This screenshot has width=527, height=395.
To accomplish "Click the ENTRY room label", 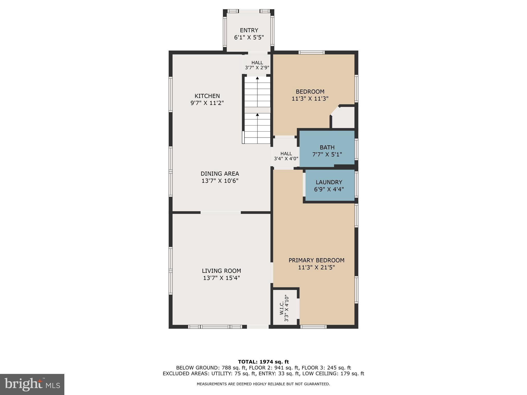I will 249,30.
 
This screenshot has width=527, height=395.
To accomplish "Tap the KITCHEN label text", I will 207,96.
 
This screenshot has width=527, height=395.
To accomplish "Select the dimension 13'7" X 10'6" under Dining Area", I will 220,181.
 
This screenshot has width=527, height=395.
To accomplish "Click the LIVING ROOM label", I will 221,271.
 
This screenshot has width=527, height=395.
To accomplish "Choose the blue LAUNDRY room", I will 329,186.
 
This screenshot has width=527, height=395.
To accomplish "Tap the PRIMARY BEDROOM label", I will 316,260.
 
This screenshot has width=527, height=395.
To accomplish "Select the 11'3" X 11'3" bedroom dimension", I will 310,98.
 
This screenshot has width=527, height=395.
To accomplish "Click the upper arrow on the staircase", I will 257,78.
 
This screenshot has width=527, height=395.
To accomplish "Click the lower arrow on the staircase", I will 257,115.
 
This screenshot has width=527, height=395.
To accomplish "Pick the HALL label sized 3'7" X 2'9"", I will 257,63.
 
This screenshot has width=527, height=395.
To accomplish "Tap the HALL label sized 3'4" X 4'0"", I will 286,154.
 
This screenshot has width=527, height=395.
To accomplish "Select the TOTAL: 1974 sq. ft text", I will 263,362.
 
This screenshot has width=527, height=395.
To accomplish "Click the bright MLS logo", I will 32,384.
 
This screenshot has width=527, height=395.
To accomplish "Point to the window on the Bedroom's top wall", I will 311,53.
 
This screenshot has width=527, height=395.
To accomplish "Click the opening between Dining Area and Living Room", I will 221,212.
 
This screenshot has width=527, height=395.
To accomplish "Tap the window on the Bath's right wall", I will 356,149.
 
